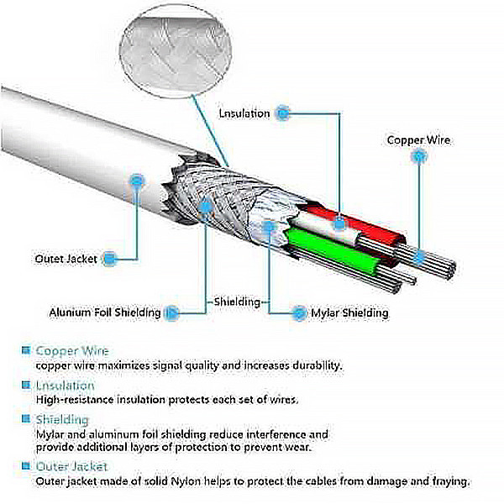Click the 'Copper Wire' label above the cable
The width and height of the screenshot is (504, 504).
[x=417, y=140]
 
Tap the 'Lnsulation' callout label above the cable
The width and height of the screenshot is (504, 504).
[x=244, y=113]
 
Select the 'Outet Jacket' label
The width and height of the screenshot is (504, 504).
[x=66, y=259]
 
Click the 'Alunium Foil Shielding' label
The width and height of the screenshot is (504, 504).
[x=104, y=312]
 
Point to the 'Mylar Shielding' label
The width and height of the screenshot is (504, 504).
[x=349, y=312]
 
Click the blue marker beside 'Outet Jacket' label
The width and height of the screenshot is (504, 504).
[x=109, y=259]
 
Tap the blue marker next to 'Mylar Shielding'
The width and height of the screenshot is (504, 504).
[x=299, y=312]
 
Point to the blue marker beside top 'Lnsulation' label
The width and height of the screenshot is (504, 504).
[x=283, y=112]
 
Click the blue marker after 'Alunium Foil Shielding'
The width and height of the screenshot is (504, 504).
[x=171, y=312]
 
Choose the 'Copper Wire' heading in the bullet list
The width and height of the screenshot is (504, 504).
[x=71, y=350]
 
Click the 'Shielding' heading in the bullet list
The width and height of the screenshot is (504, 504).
[x=62, y=418]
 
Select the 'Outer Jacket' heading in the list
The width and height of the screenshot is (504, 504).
[x=71, y=465]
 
